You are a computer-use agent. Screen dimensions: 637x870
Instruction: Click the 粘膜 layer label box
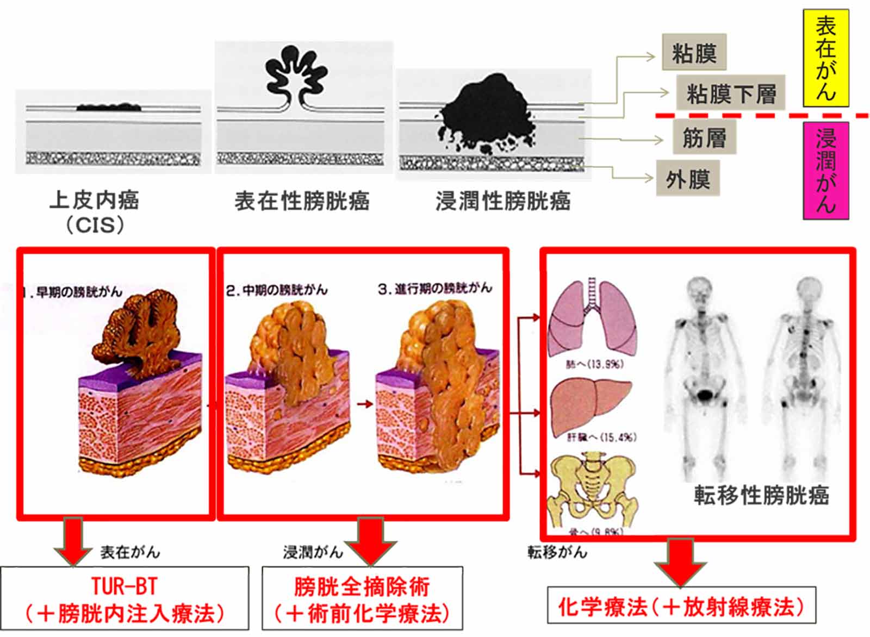(694, 53)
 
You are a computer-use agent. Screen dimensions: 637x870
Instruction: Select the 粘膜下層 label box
(730, 93)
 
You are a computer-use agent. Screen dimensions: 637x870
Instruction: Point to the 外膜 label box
(687, 178)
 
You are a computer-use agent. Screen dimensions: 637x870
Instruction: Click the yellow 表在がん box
(825, 58)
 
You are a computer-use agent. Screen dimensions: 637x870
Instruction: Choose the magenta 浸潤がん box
(825, 171)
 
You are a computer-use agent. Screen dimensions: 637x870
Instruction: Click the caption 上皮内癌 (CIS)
(94, 211)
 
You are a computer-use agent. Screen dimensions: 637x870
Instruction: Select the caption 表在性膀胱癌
(302, 201)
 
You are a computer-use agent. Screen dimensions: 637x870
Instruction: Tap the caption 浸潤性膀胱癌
(503, 201)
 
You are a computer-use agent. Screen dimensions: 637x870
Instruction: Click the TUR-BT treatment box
(125, 598)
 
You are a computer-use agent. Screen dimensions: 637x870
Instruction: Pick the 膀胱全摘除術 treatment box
(362, 598)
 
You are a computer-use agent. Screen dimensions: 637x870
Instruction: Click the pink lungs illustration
(592, 318)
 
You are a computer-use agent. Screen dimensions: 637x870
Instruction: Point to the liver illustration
(591, 405)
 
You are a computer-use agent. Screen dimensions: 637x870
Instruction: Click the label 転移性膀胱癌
(761, 495)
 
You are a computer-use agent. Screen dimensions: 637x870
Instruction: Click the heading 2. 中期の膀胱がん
(277, 290)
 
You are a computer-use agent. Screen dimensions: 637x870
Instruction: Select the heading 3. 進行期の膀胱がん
(434, 288)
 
